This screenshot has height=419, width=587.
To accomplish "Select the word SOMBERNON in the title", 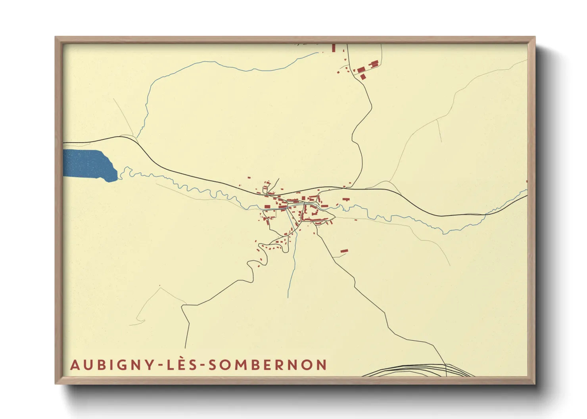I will (x=268, y=365).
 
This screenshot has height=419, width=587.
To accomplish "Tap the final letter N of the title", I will (x=322, y=365).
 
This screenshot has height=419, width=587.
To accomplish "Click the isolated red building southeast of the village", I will (x=344, y=251).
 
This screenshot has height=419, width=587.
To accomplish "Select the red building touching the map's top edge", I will (x=334, y=48).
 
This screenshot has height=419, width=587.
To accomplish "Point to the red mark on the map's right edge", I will (x=526, y=181).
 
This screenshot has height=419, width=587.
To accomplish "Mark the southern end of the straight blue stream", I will (x=288, y=297).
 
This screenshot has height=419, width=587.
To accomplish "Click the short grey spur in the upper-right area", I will (x=439, y=131).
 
